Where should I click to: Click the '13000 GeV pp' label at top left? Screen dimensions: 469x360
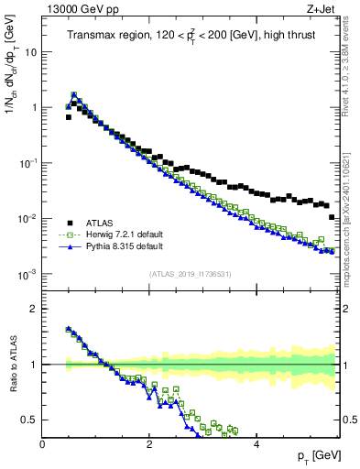77,9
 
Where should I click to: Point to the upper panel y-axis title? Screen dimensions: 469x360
13,82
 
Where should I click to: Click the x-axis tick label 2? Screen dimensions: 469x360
149,444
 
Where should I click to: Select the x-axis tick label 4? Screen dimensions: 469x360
256,444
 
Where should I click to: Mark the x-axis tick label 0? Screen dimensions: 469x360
43,444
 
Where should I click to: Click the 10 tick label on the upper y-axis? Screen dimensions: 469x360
31,52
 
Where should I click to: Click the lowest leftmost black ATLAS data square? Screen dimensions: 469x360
68,117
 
